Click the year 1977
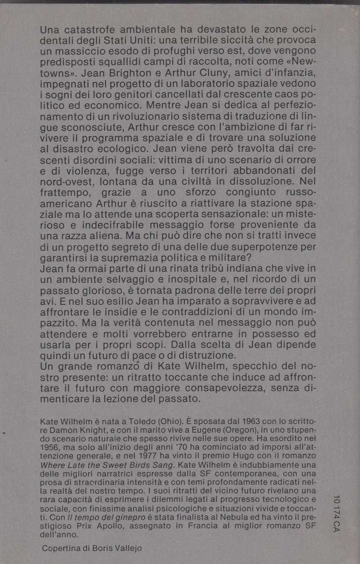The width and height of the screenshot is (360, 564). point(161,460)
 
